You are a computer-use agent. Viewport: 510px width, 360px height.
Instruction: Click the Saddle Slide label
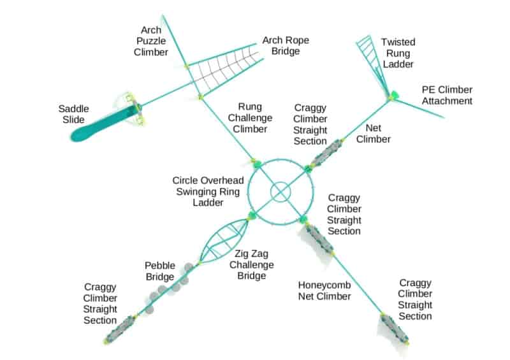click(73, 114)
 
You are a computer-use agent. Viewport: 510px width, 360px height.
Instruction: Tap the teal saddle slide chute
click(104, 124)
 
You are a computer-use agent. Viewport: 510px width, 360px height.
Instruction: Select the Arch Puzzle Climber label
click(151, 41)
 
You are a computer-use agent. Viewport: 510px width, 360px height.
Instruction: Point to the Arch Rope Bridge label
click(286, 45)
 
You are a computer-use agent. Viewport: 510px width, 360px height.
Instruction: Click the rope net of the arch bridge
click(224, 69)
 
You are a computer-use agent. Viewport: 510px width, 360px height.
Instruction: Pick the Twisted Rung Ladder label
click(398, 53)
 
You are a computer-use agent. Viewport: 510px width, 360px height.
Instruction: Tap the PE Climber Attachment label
click(447, 95)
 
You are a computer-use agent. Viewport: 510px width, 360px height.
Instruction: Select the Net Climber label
click(373, 133)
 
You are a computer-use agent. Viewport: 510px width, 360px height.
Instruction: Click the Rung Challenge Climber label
click(250, 118)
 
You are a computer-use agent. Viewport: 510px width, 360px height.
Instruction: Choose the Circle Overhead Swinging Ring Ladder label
click(208, 191)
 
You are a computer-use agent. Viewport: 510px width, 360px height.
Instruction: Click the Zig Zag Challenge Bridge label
click(251, 264)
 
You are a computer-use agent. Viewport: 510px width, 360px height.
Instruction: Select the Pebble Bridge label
click(160, 271)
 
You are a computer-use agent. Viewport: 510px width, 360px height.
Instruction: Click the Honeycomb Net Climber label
click(324, 291)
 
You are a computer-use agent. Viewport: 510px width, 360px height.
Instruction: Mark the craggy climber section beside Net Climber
click(326, 153)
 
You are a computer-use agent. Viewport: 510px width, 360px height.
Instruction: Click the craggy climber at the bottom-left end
click(120, 329)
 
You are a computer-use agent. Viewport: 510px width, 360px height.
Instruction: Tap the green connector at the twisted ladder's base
click(393, 96)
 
